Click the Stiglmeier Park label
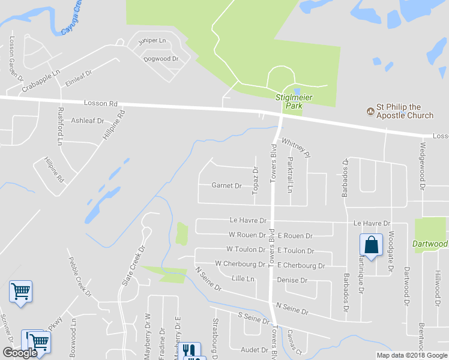(x=290, y=101)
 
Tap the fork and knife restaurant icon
(x=190, y=350)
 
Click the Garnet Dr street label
(x=226, y=186)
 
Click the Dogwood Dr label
(x=161, y=59)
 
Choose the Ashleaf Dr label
(x=87, y=121)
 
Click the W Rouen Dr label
(x=247, y=235)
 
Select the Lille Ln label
(x=243, y=279)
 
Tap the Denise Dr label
(x=292, y=280)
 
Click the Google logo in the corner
(x=20, y=353)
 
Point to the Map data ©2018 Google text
(x=412, y=355)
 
